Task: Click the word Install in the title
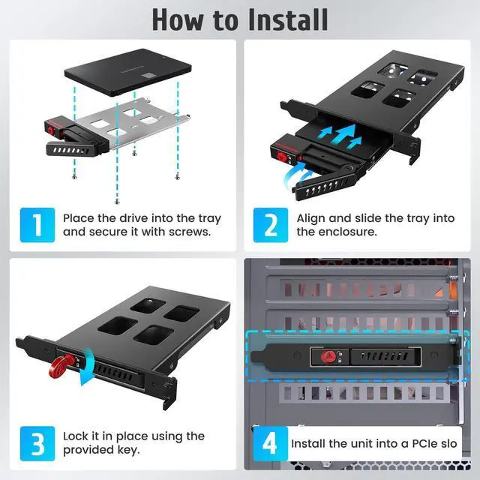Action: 287,20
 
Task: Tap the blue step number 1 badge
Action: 37,225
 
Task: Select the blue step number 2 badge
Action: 271,225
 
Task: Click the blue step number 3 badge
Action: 37,443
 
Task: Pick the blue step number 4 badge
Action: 271,443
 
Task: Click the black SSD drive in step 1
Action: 127,73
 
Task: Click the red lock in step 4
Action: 327,357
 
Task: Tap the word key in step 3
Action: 128,450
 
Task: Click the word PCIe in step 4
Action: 424,443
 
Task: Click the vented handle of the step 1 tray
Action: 70,150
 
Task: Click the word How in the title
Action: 178,20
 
